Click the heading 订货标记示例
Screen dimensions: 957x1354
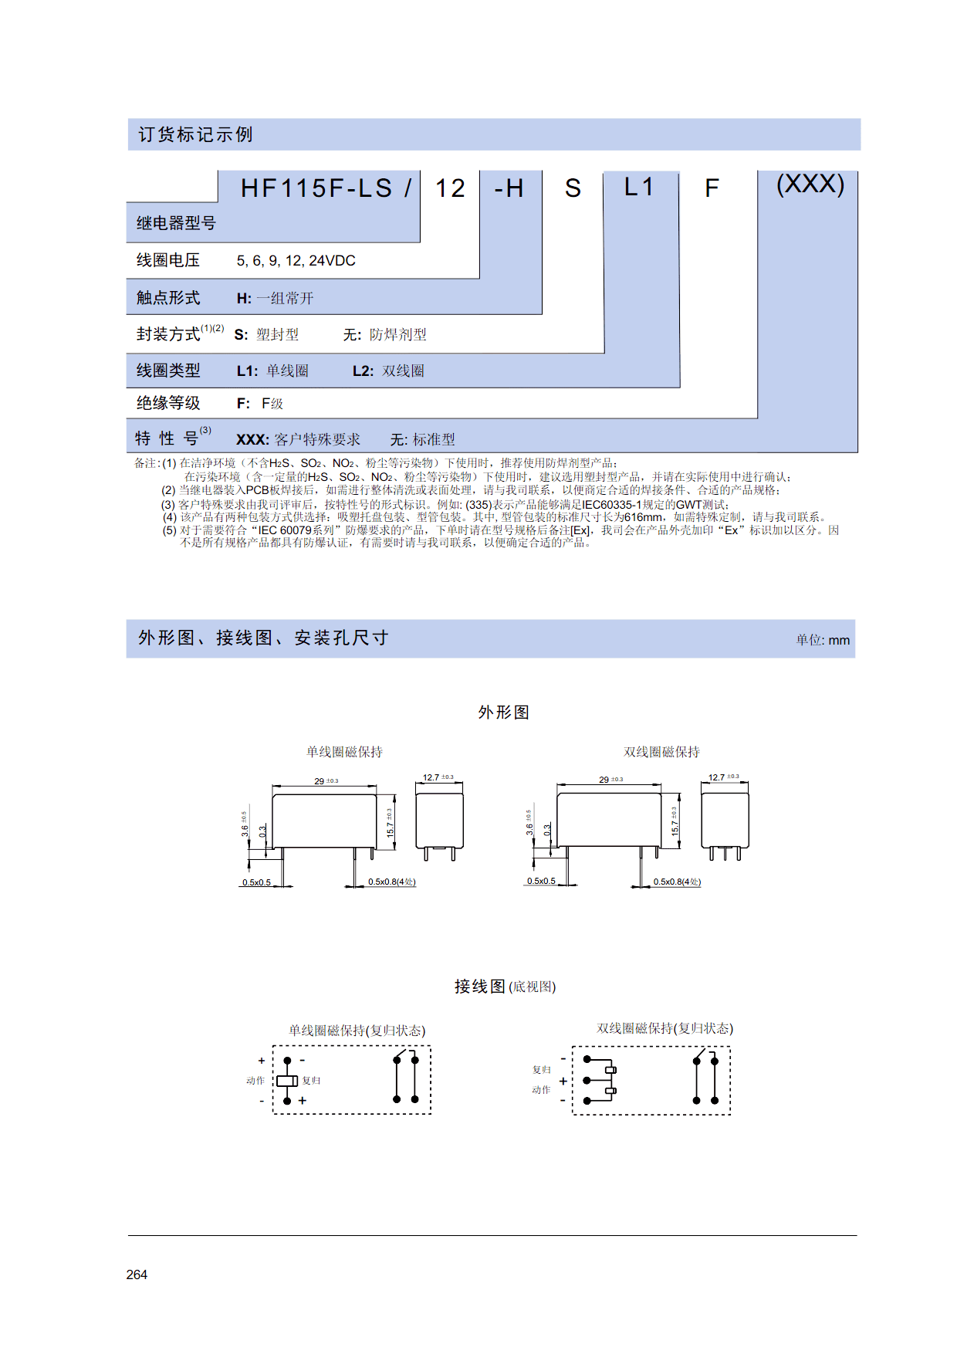coord(195,134)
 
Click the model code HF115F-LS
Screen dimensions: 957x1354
coord(316,188)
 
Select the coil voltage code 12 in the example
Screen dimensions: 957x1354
coord(450,188)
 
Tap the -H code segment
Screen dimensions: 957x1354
coord(509,188)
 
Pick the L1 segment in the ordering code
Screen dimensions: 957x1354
coord(639,187)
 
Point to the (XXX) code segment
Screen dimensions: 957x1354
coord(810,184)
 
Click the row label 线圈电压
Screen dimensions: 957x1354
coord(168,260)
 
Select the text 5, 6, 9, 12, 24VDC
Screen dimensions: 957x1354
coord(296,261)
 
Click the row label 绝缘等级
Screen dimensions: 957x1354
coord(168,403)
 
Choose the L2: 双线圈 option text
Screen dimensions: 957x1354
coord(388,371)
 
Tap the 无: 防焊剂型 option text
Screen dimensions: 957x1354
coord(385,334)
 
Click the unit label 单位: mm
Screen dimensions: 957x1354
coord(823,640)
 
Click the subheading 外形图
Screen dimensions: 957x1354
coord(504,712)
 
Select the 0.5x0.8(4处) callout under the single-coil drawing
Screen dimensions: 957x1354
coord(392,882)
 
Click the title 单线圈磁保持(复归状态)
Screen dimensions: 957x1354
coord(357,1031)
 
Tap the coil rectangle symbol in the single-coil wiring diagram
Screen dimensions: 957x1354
coord(287,1081)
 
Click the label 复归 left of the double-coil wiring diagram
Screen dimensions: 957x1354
coord(542,1070)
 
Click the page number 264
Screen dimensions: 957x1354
coord(137,1274)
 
